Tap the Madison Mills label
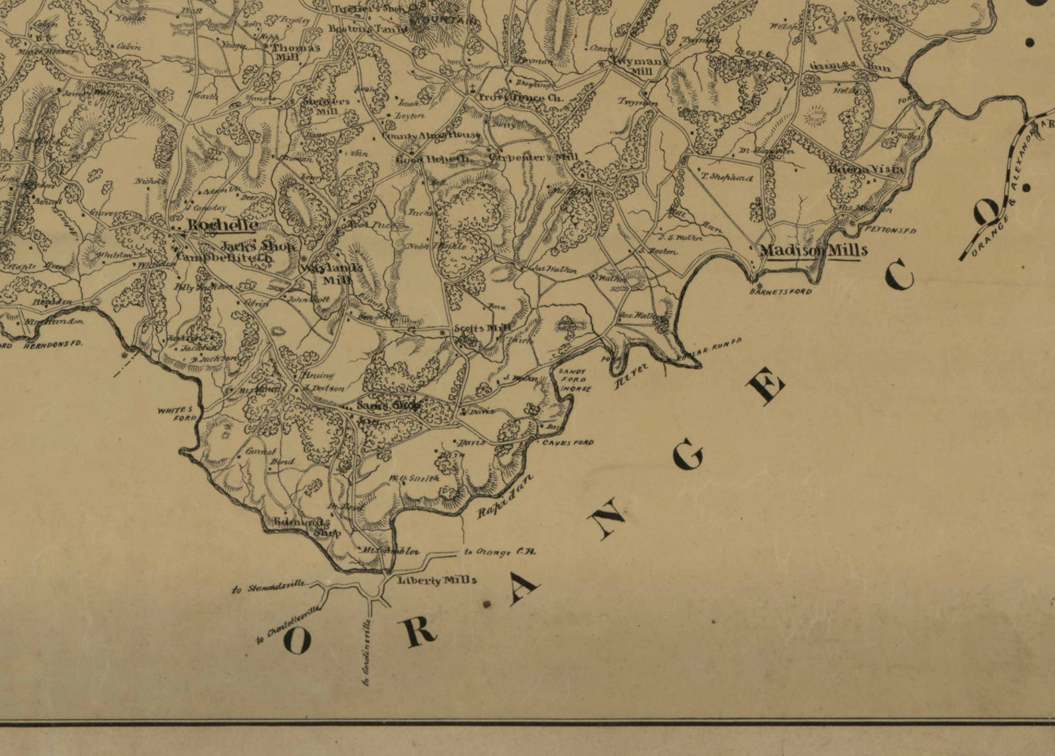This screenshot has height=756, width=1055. [813, 250]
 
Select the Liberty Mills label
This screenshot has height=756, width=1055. [436, 580]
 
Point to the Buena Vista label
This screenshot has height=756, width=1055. [866, 169]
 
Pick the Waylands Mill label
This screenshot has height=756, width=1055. [332, 273]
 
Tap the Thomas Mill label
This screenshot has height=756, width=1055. [296, 52]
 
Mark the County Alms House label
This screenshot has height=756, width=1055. [430, 136]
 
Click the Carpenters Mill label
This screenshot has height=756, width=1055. [533, 157]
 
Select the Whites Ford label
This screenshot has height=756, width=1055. [177, 414]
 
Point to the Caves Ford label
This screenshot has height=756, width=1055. [567, 442]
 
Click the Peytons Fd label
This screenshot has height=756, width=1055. [890, 231]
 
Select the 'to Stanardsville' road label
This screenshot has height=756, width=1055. [268, 587]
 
